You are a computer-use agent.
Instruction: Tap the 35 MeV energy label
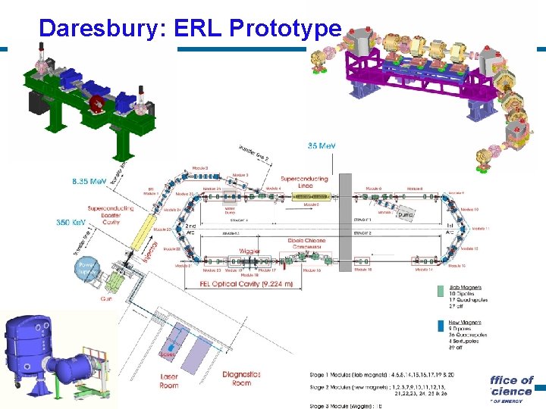(322, 145)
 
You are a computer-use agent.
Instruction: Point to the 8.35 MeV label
(89, 183)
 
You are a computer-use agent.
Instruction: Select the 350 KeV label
(74, 223)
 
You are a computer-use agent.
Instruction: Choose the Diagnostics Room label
(242, 378)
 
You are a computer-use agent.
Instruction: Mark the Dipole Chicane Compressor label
(306, 245)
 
